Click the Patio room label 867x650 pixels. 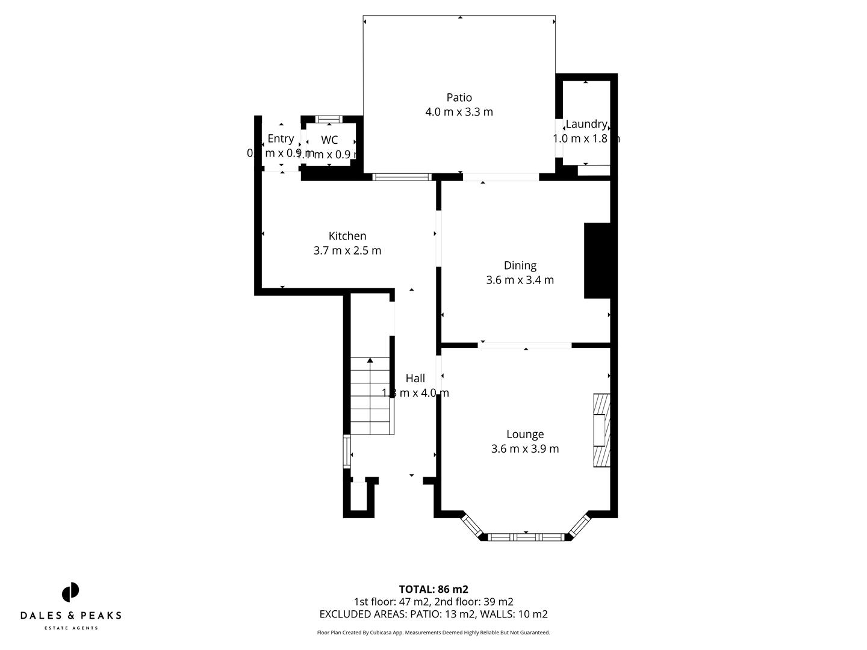(x=459, y=97)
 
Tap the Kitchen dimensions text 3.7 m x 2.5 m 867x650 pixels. (x=347, y=250)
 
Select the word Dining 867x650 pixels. (x=520, y=265)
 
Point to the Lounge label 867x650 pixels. (x=525, y=434)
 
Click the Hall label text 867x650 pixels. (x=415, y=378)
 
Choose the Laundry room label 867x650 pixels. (x=586, y=124)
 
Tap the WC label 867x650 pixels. (x=329, y=140)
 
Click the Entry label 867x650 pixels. (x=281, y=138)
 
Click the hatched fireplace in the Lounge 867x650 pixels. (x=601, y=430)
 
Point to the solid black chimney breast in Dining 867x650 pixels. (x=597, y=261)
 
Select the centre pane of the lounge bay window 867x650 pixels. (x=526, y=537)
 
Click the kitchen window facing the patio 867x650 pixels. (x=402, y=177)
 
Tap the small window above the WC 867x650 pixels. (x=329, y=119)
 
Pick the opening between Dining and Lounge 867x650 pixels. (x=525, y=345)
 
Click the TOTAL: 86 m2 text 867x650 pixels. (x=433, y=589)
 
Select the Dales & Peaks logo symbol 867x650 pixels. (x=70, y=592)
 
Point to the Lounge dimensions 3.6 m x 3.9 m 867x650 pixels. (x=525, y=449)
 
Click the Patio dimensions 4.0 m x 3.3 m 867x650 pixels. (x=459, y=112)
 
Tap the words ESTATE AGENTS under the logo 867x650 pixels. (x=71, y=628)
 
